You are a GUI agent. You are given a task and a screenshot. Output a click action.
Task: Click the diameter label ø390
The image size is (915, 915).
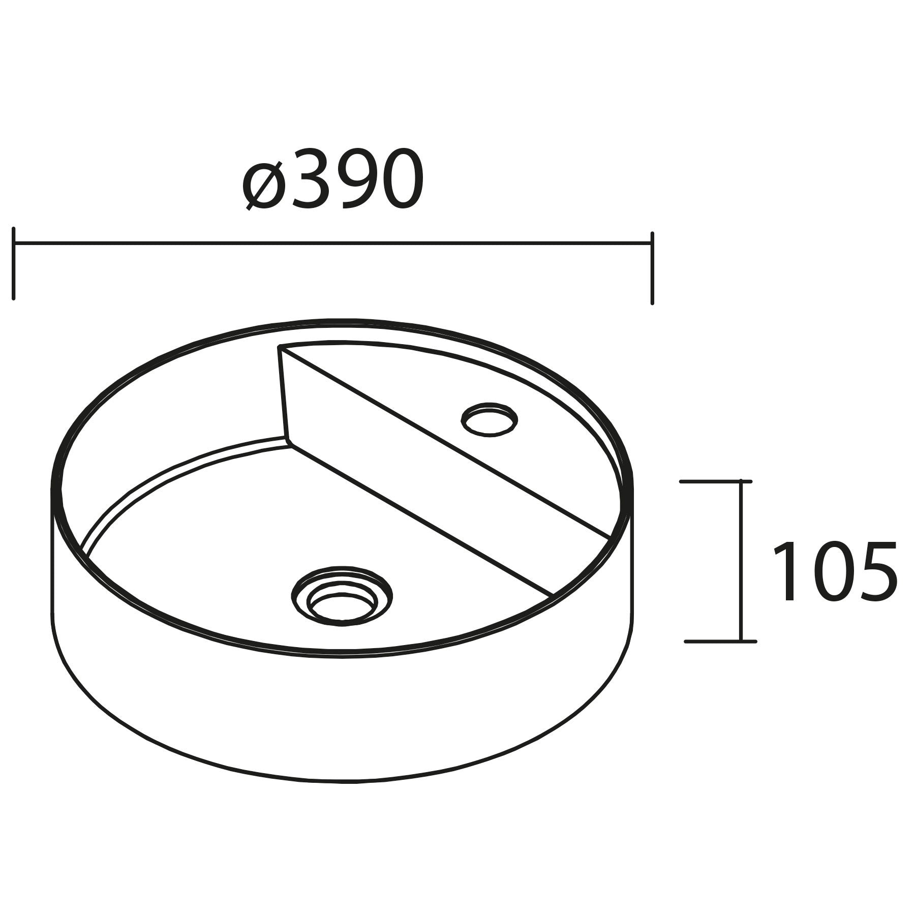coord(333,179)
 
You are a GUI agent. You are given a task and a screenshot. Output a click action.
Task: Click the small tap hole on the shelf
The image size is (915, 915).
coord(489,419)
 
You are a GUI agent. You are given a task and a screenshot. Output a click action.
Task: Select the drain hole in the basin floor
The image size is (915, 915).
coord(342,595)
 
